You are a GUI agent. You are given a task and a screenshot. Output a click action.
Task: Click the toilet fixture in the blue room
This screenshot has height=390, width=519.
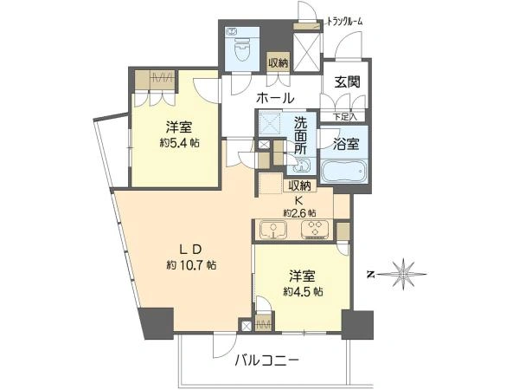coord(242,49)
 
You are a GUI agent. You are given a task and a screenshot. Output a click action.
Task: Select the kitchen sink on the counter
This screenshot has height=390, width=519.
coord(272,229)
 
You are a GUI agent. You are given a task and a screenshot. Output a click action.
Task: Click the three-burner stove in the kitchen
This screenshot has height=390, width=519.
coord(315,229)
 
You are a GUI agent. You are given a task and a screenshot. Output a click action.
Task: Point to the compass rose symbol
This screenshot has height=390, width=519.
coord(402,274)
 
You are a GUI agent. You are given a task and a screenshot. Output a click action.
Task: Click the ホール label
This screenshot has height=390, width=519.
coord(275,98)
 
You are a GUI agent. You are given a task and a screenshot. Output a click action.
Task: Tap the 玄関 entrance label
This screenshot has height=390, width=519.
coord(347,82)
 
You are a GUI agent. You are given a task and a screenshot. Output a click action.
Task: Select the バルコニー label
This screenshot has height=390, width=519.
coord(266,361)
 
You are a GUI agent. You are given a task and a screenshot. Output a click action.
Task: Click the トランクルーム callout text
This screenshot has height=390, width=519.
coord(345,22)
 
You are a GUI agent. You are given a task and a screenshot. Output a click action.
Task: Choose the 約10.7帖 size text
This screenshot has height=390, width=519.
coord(192,264)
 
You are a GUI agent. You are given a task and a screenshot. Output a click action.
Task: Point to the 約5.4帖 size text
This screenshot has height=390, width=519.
coord(179,143)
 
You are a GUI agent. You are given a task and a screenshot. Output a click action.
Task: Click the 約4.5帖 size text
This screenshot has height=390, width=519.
coord(304,291)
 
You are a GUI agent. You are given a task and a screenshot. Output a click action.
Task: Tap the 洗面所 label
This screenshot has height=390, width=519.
coord(301,136)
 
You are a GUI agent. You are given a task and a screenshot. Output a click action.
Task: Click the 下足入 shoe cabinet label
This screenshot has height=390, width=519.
coord(344,116)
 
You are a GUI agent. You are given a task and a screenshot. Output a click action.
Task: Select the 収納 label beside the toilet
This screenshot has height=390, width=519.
coord(279,62)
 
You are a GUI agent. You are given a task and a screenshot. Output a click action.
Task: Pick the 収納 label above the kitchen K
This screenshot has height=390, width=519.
coord(299,185)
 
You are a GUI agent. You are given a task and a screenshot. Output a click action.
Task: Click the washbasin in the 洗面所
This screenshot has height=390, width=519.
coord(302,166)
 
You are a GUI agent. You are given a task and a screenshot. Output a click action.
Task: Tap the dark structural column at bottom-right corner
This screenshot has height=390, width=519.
coord(357,325)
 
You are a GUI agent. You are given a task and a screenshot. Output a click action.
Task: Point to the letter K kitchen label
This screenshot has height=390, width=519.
coord(299,200)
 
